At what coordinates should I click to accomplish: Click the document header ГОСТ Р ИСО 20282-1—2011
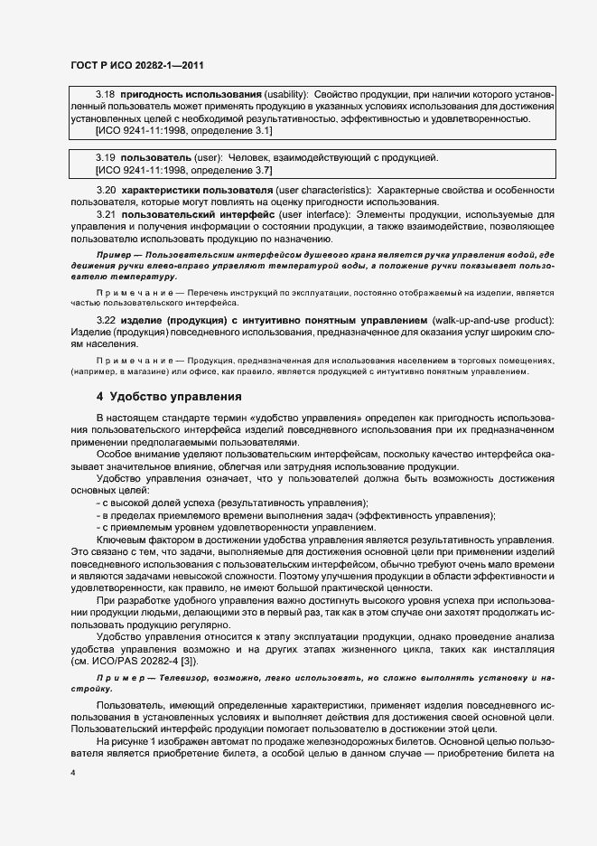135,63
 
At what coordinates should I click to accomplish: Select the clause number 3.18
105,95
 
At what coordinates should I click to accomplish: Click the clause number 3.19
105,157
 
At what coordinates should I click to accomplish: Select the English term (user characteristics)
323,191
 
